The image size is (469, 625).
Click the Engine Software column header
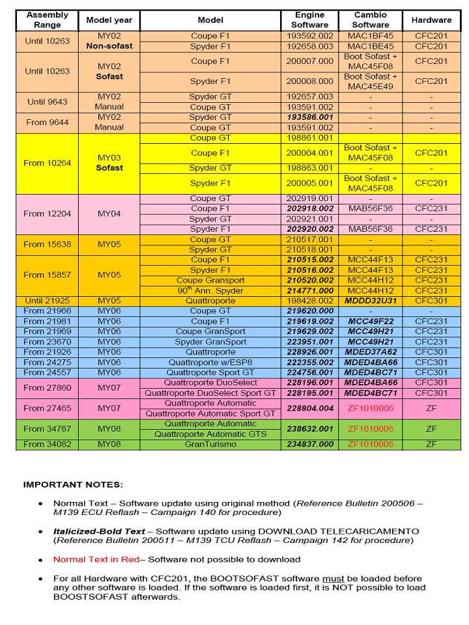pos(310,20)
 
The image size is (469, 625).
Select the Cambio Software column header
pos(370,20)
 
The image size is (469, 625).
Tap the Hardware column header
pos(431,20)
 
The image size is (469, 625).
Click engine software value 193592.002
pos(310,36)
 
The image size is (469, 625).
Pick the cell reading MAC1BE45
pos(370,47)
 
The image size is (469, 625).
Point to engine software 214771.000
pos(310,291)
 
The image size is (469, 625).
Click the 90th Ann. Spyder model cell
pos(210,291)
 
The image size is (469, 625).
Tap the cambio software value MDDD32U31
pos(370,301)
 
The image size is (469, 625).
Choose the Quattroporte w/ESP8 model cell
pos(210,363)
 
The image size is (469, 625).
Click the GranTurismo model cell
pos(210,444)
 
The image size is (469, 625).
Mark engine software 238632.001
pos(310,429)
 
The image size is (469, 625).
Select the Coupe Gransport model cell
pos(210,281)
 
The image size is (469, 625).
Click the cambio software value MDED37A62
pos(370,352)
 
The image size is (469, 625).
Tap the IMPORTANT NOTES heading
pos(73,485)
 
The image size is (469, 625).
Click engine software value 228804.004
pos(310,408)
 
